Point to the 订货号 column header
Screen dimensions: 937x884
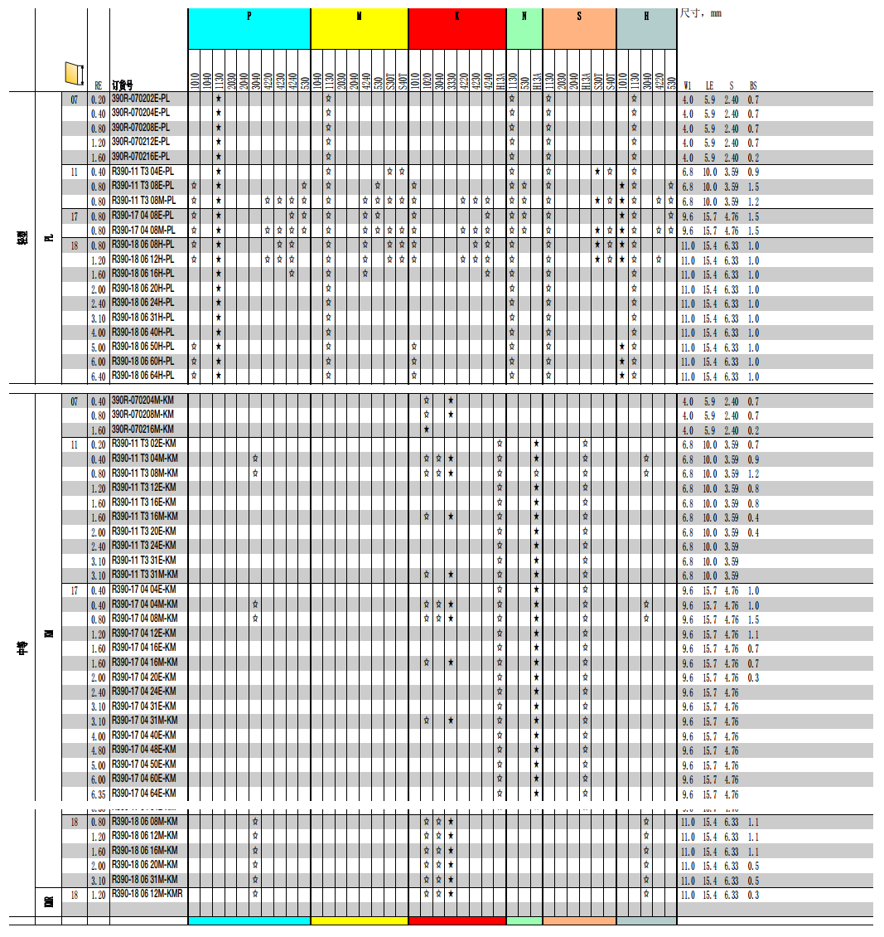click(123, 85)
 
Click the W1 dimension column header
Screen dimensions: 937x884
click(688, 85)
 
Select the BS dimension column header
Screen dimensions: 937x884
click(753, 85)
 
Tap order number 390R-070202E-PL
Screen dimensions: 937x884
click(141, 99)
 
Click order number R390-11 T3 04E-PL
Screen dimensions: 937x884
click(143, 172)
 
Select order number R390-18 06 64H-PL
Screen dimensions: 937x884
click(143, 376)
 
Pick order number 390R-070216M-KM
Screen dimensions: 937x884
click(143, 430)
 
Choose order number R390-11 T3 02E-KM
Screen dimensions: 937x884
click(143, 444)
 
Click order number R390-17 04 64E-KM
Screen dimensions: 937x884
click(143, 794)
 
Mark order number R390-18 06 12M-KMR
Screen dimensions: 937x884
click(147, 894)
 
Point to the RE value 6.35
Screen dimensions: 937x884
click(98, 794)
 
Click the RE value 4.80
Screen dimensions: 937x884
click(98, 750)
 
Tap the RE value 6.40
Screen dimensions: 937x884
click(98, 376)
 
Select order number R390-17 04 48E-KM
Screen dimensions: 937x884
click(143, 750)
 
